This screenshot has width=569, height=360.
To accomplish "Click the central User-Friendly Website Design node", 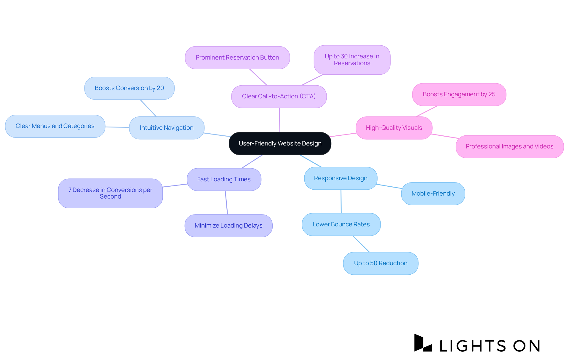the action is [280, 143].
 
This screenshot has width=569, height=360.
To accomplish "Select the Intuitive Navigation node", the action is [167, 128].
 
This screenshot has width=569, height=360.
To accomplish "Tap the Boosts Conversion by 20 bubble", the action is [129, 88].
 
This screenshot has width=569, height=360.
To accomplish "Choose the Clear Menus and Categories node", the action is [55, 126].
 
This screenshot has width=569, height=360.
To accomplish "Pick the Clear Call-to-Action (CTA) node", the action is [279, 96].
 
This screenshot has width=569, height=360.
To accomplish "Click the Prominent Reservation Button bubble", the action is [237, 57].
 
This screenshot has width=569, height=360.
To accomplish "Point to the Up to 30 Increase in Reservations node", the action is [352, 60].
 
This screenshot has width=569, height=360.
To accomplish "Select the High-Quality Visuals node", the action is [394, 128].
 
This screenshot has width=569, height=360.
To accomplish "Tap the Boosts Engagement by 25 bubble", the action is [459, 94].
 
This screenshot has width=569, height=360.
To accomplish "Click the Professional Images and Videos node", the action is [509, 146].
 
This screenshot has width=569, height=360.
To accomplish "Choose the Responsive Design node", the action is [341, 178].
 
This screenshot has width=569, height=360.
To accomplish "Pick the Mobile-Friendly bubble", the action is [433, 193].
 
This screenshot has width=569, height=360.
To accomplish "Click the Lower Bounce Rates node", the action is [341, 224].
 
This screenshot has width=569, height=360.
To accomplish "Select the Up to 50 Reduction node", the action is [381, 263].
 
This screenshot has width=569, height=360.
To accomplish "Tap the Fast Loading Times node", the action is [224, 179].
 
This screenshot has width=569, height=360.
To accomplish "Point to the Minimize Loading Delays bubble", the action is [228, 225].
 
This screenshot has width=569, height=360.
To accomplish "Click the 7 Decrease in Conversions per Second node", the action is [110, 193].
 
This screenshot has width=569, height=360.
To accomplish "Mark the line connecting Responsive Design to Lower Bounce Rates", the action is [341, 201].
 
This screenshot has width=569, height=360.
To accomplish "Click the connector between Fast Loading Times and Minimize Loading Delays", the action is [226, 203].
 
